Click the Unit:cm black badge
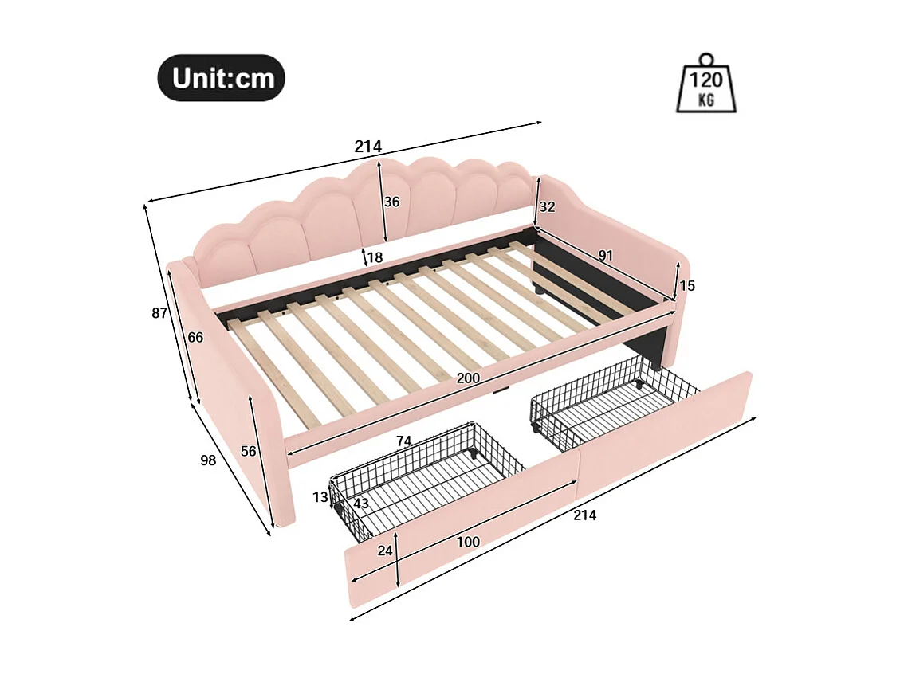221,78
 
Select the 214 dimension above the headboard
367,147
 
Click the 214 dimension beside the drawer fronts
584,515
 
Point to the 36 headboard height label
391,202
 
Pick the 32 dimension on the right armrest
547,207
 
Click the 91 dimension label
606,255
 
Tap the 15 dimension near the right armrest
686,285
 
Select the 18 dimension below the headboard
375,257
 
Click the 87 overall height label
159,313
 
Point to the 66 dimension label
195,338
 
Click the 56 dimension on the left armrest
249,451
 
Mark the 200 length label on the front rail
468,378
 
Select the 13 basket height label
320,497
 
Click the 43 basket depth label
361,504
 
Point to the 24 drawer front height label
385,551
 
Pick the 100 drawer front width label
468,542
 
